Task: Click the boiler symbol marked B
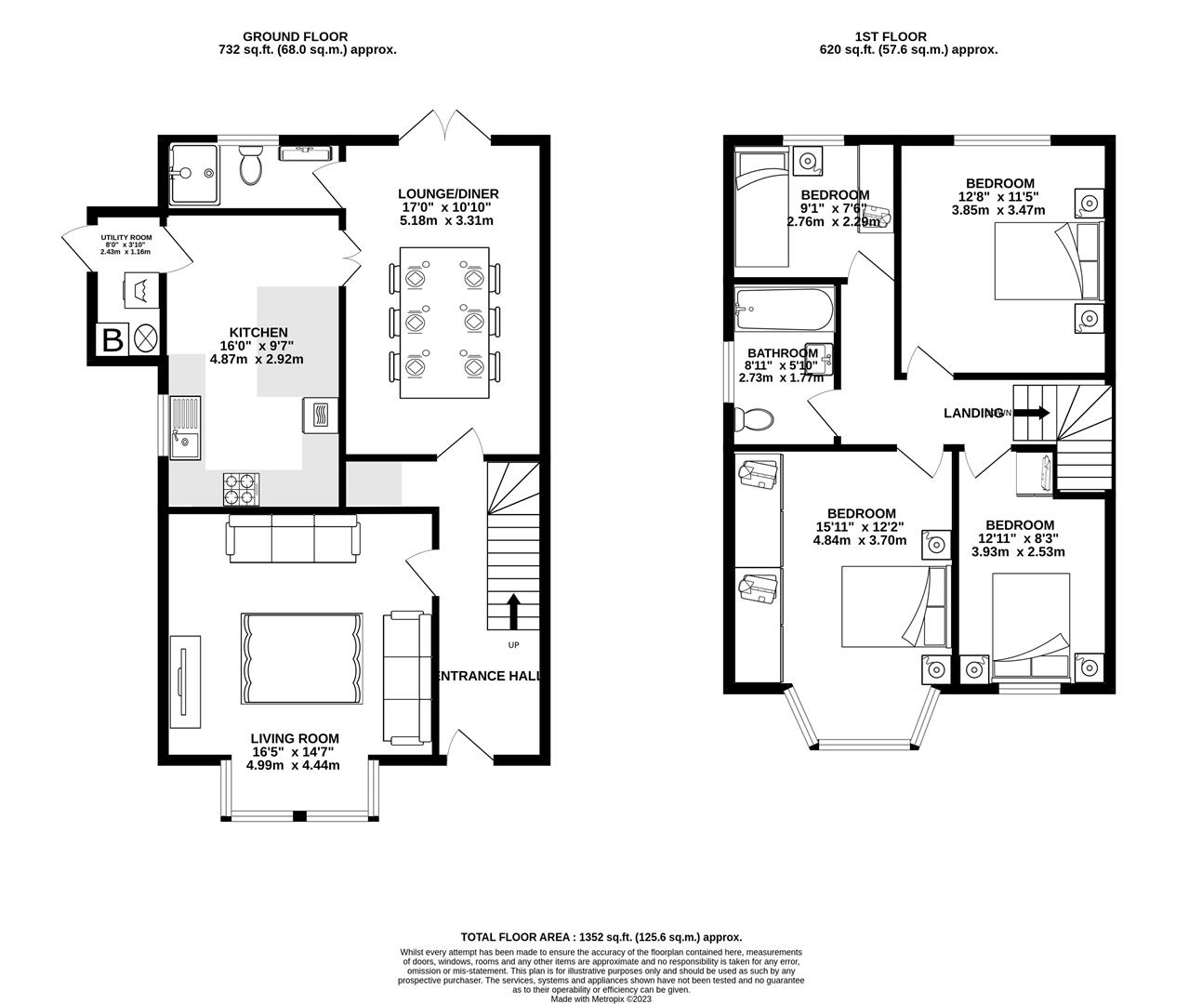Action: point(112,339)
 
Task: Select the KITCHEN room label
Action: point(258,332)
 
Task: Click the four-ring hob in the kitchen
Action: point(241,489)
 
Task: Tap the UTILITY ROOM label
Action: point(125,239)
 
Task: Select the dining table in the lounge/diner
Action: point(444,322)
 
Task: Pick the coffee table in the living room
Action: point(301,658)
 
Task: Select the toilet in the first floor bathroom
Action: point(752,419)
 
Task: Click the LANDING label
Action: point(972,414)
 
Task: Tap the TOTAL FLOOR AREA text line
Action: point(601,938)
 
